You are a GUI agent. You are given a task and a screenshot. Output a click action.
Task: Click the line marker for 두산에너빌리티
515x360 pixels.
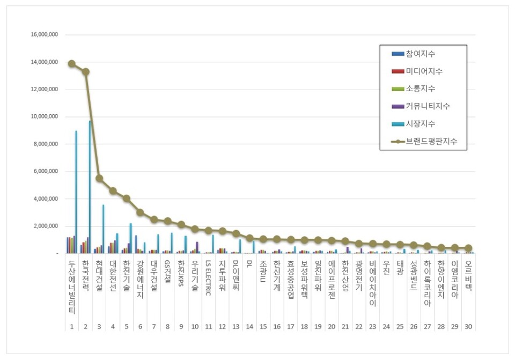point(72,63)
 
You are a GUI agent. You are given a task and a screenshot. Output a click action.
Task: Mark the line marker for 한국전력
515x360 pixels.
point(86,71)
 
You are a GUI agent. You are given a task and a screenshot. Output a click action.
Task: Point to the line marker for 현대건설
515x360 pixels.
point(99,178)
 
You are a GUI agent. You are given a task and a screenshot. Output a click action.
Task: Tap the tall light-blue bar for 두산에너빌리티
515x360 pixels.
point(76,192)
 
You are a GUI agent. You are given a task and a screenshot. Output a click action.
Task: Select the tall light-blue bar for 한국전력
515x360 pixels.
point(90,187)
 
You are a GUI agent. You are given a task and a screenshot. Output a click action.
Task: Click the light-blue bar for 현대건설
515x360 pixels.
point(104,229)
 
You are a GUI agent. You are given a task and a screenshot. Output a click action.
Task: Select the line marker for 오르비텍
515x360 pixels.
point(468,248)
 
